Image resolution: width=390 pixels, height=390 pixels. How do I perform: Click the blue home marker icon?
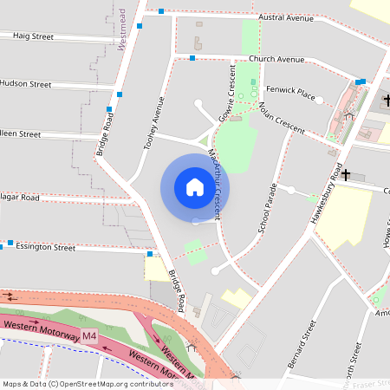click(194, 187)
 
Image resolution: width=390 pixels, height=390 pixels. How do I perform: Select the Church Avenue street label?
click(276, 59)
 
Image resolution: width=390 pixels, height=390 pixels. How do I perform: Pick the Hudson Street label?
click(25, 84)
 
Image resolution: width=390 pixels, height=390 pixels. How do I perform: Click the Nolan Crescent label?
click(282, 117)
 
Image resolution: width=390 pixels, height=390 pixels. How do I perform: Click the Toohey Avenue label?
click(153, 121)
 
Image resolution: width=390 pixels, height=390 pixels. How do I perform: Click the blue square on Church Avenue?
click(192, 58)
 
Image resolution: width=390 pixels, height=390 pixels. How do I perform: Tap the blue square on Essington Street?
click(10, 244)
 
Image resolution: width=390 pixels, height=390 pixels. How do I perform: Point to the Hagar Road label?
click(20, 198)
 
